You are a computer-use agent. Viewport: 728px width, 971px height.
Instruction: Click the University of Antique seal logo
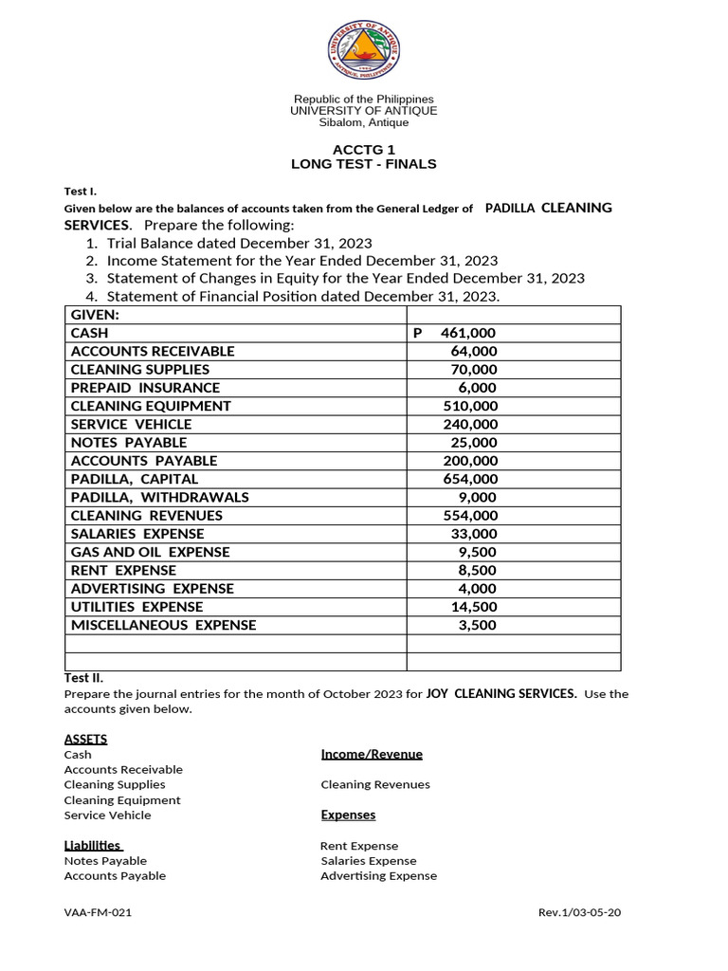[x=364, y=50]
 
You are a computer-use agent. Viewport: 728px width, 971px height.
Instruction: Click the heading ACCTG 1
[x=363, y=150]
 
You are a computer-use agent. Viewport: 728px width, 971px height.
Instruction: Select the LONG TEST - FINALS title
[x=363, y=164]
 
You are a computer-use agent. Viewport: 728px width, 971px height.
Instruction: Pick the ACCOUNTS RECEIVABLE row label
[x=153, y=351]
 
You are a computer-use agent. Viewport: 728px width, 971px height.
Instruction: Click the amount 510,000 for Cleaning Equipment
[x=470, y=406]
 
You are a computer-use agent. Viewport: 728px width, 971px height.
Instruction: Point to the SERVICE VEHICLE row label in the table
[x=131, y=424]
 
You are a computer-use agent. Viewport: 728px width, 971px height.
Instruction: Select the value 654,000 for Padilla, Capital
[x=470, y=479]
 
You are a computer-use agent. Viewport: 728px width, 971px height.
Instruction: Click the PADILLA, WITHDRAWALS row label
[x=159, y=497]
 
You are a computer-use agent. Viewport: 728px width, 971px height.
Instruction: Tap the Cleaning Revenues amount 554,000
[x=470, y=515]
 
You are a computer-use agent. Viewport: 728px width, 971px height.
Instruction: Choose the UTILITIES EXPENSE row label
[x=136, y=606]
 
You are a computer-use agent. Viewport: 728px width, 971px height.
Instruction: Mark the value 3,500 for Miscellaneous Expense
[x=477, y=625]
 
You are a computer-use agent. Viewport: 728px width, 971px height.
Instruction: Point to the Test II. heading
[x=83, y=678]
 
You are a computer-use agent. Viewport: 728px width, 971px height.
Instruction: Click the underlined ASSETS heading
[x=85, y=739]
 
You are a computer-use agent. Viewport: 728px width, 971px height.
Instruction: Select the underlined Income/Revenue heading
[x=372, y=754]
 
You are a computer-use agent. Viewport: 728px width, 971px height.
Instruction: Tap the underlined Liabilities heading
[x=93, y=845]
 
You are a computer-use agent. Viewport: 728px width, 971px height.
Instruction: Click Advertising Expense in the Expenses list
[x=378, y=875]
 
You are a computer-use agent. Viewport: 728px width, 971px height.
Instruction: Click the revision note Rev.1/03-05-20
[x=579, y=912]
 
